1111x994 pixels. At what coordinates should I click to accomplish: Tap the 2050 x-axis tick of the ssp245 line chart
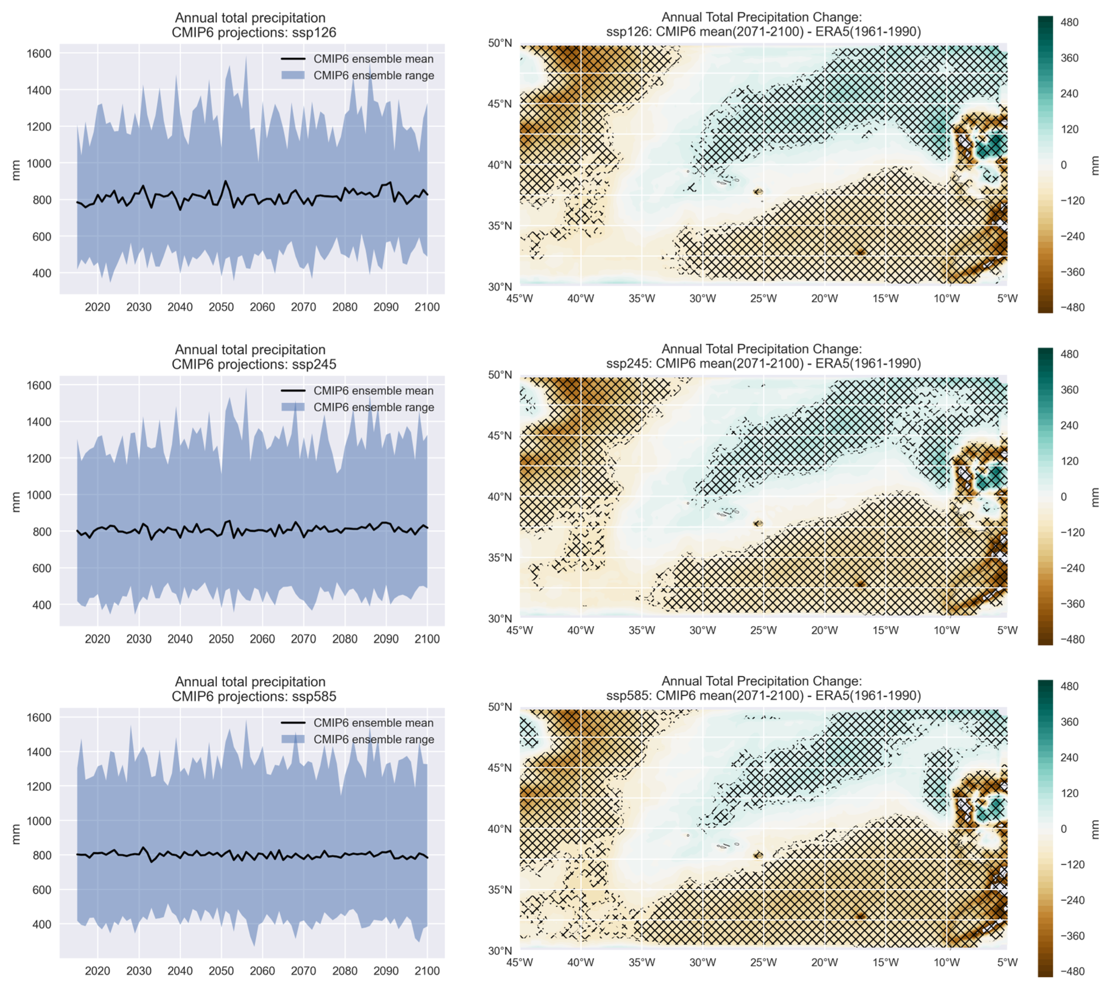[221, 639]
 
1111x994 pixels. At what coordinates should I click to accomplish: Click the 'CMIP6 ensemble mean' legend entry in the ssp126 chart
[373, 59]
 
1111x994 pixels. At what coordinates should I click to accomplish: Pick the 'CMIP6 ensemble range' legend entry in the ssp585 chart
[374, 740]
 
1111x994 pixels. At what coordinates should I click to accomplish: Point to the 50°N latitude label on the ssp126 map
[500, 43]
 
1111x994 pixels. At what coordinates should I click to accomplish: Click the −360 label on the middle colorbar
[1072, 604]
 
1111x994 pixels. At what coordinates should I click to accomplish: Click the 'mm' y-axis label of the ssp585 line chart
[16, 834]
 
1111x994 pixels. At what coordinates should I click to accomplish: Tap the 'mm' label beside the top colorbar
[1095, 165]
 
